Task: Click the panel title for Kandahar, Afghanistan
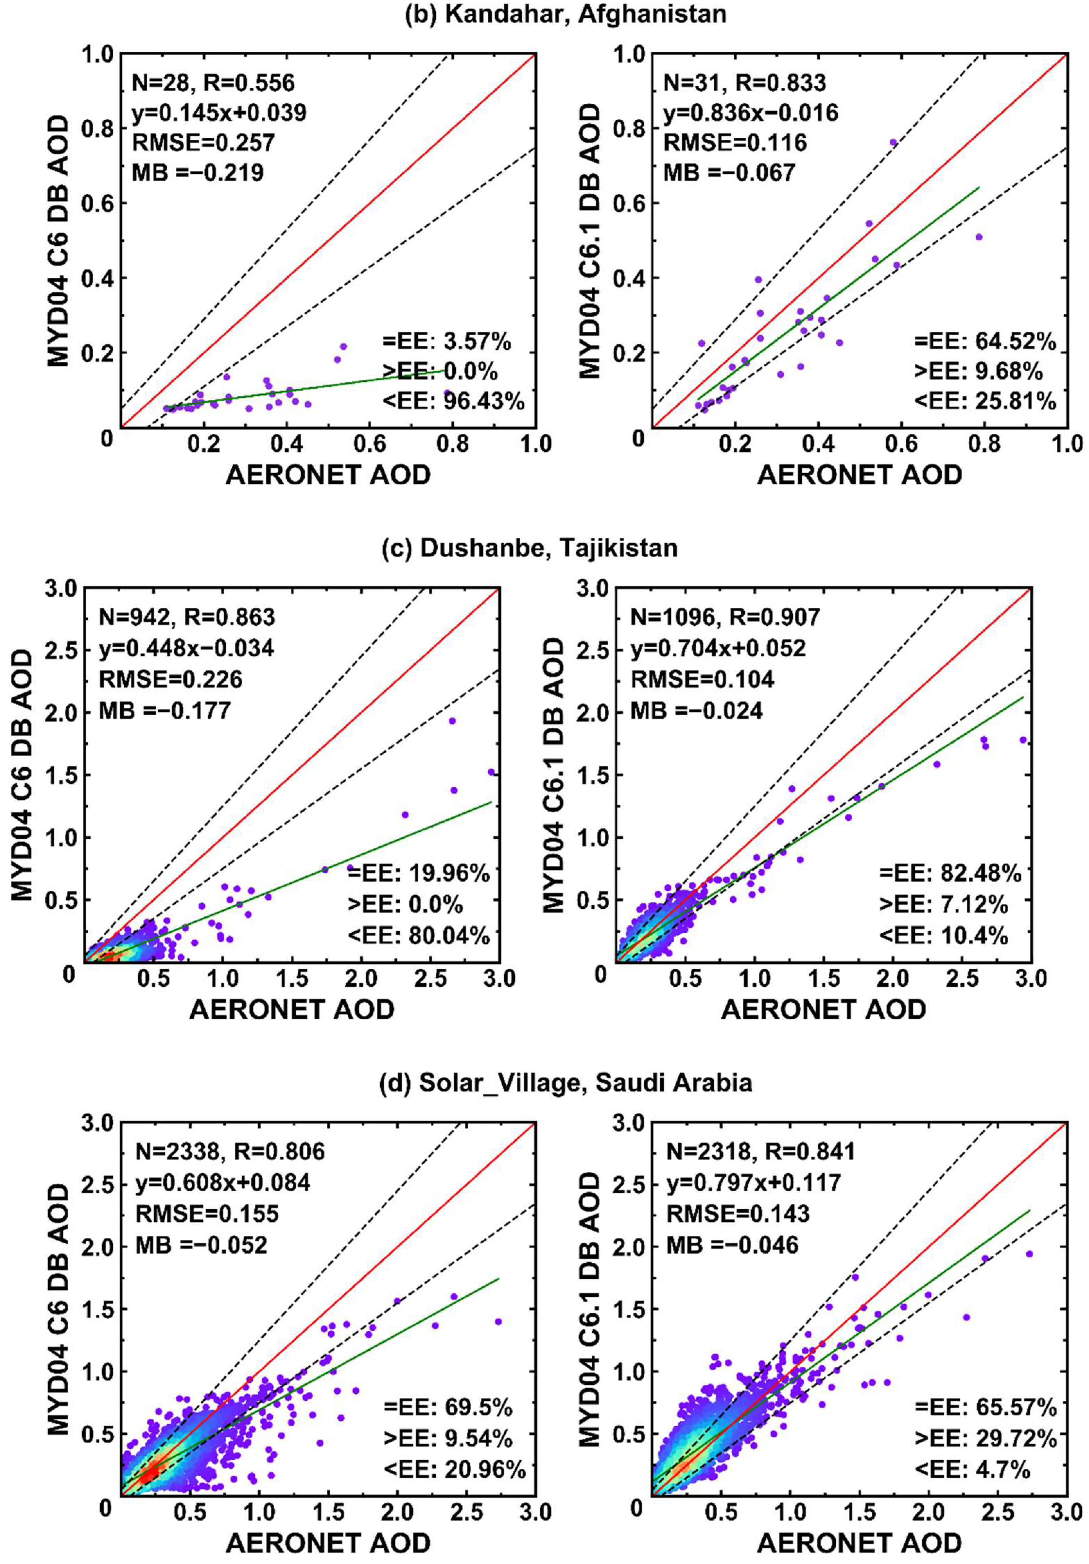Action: (x=565, y=14)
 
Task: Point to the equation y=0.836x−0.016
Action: (x=750, y=112)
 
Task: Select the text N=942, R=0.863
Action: (x=186, y=617)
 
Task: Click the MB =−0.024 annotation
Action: (x=696, y=710)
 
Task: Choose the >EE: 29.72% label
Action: (x=985, y=1438)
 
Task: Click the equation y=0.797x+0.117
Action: (x=753, y=1183)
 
